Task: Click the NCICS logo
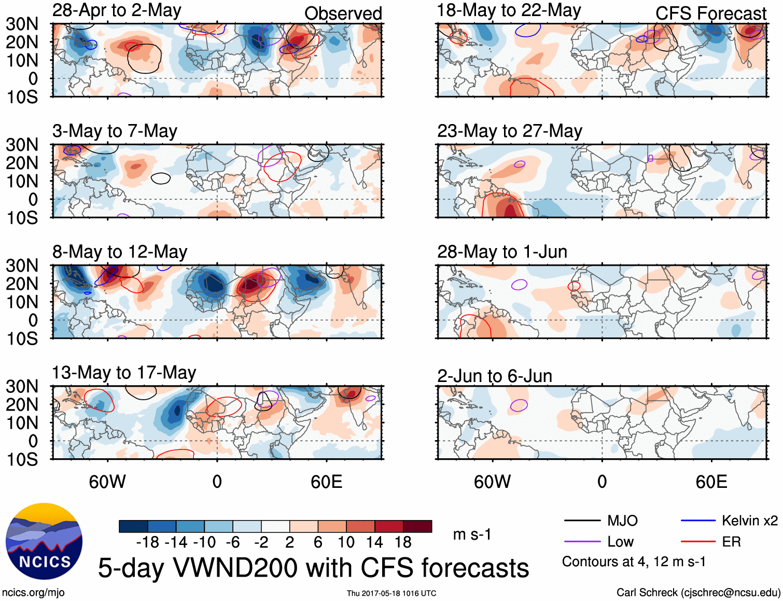(x=44, y=541)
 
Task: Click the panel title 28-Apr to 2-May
(x=117, y=10)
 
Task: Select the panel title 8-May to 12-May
(x=120, y=252)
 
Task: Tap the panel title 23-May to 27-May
(x=510, y=131)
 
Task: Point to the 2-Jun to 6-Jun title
(x=495, y=376)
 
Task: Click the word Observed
(x=343, y=13)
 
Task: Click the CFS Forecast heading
(x=710, y=13)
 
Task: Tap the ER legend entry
(x=731, y=542)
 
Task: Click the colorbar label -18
(x=148, y=542)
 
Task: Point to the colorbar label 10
(x=346, y=542)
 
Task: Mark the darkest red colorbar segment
(x=417, y=526)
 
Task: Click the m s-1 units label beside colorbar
(x=472, y=535)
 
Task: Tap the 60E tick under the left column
(x=326, y=482)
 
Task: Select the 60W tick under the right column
(x=492, y=482)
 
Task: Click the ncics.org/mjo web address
(x=33, y=593)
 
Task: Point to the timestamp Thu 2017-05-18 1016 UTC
(x=392, y=593)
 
